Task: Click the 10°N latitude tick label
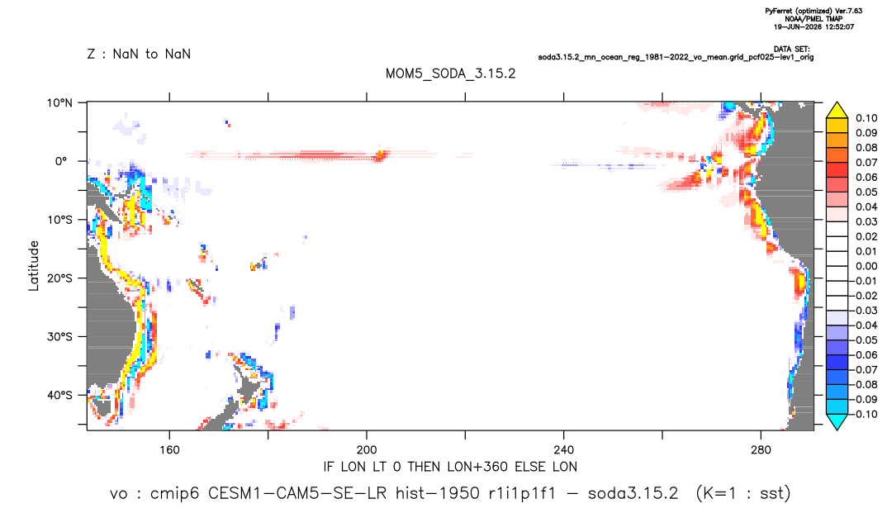(59, 103)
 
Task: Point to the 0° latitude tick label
(61, 161)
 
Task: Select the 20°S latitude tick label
(59, 278)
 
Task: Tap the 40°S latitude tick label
(59, 395)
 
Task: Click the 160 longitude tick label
(169, 450)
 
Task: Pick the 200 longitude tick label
(367, 450)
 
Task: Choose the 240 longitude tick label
(563, 450)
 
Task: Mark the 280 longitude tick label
(761, 450)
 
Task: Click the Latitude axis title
(34, 266)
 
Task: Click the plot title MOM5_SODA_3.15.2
(451, 74)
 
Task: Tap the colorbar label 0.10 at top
(866, 118)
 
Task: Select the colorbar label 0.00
(866, 266)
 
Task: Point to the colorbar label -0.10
(865, 414)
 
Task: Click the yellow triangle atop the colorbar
(837, 111)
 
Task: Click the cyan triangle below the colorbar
(837, 421)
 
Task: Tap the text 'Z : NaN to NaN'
(139, 55)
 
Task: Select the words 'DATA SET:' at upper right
(791, 50)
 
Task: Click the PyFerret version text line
(813, 11)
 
